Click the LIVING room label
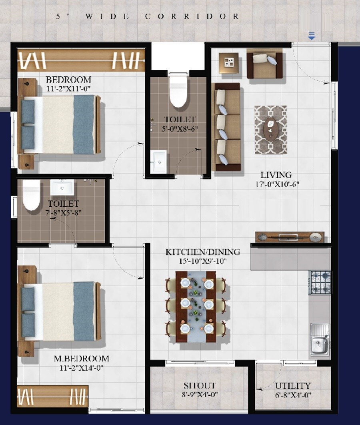pos(276,175)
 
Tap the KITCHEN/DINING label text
pos(203,252)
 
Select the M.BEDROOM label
pos(81,358)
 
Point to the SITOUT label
pos(200,386)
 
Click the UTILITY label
pos(293,386)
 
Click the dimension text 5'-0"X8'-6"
pos(180,129)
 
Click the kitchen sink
pos(320,339)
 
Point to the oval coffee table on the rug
pos(270,130)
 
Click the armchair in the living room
pos(264,64)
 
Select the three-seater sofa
pos(227,127)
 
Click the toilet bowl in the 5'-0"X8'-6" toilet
pos(178,92)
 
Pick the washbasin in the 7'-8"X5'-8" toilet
pos(62,187)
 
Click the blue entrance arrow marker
pos(312,36)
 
